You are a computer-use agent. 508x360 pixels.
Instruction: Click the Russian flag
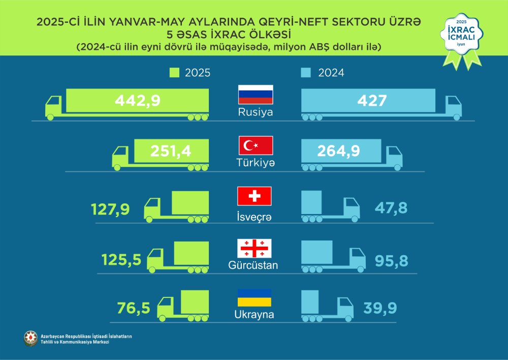(256, 95)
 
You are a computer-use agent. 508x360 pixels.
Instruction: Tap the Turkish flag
(256, 145)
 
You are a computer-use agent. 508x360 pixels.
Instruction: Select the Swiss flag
(255, 196)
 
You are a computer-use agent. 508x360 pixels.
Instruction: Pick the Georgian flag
(255, 248)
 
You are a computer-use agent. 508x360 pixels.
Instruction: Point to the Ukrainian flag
(255, 297)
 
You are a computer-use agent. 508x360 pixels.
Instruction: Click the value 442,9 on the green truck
(137, 101)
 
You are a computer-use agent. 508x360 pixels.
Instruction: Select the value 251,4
(171, 152)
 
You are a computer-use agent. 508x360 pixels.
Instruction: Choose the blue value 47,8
(391, 208)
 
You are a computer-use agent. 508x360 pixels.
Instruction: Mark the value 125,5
(121, 260)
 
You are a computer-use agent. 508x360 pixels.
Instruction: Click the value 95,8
(392, 260)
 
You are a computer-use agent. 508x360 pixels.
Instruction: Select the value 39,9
(380, 308)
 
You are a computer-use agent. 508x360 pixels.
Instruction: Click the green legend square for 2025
(175, 73)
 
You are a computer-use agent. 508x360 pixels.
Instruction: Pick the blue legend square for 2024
(306, 73)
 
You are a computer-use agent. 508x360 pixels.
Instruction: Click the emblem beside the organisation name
(30, 338)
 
